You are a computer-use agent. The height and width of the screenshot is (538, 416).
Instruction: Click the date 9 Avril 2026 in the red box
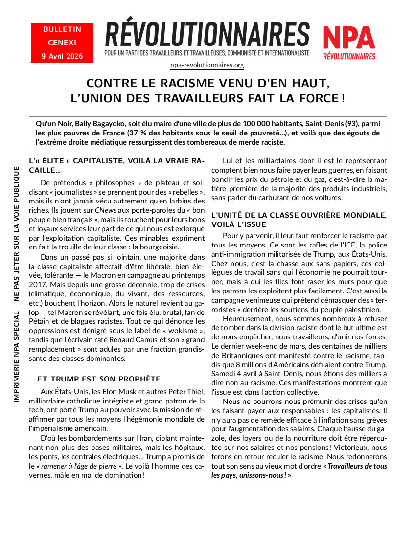tap(62, 56)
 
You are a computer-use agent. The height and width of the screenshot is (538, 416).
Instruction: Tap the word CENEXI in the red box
tap(62, 43)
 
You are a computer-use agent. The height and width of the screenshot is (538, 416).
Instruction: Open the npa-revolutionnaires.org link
tap(207, 65)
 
